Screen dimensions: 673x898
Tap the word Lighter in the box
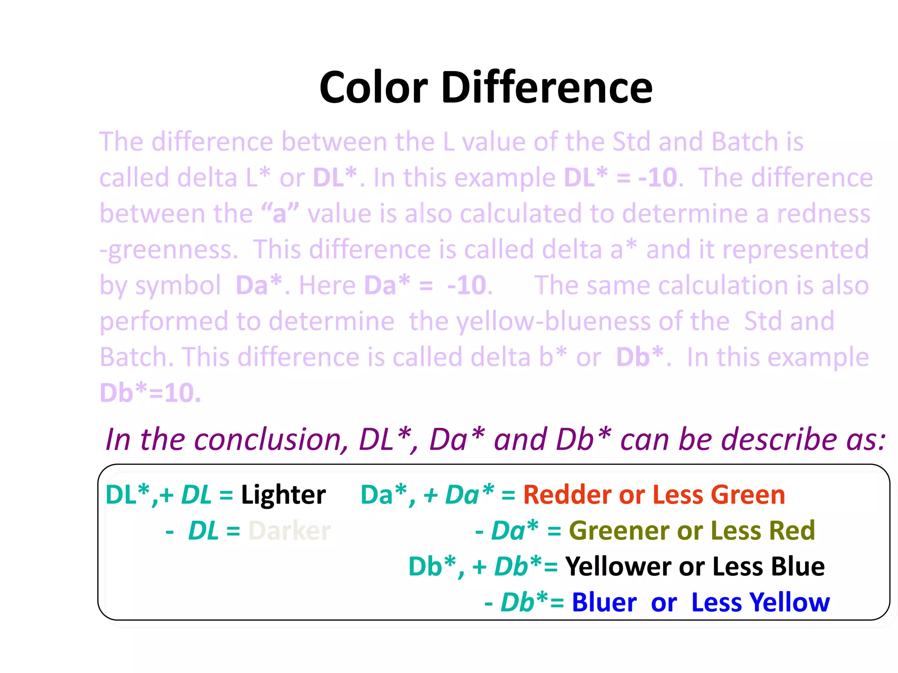coord(283,495)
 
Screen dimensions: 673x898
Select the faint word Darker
coord(289,531)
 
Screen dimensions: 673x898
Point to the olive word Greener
coord(619,531)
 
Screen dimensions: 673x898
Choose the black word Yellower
coord(617,567)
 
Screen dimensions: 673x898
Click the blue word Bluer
coord(604,602)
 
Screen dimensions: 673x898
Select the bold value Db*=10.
coord(150,393)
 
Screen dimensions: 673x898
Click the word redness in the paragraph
coord(823,214)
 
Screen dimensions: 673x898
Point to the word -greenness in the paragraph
coord(169,250)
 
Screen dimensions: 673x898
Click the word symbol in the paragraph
coord(178,286)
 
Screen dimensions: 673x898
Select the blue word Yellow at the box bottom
coord(789,602)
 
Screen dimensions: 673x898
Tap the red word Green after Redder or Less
coord(748,495)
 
